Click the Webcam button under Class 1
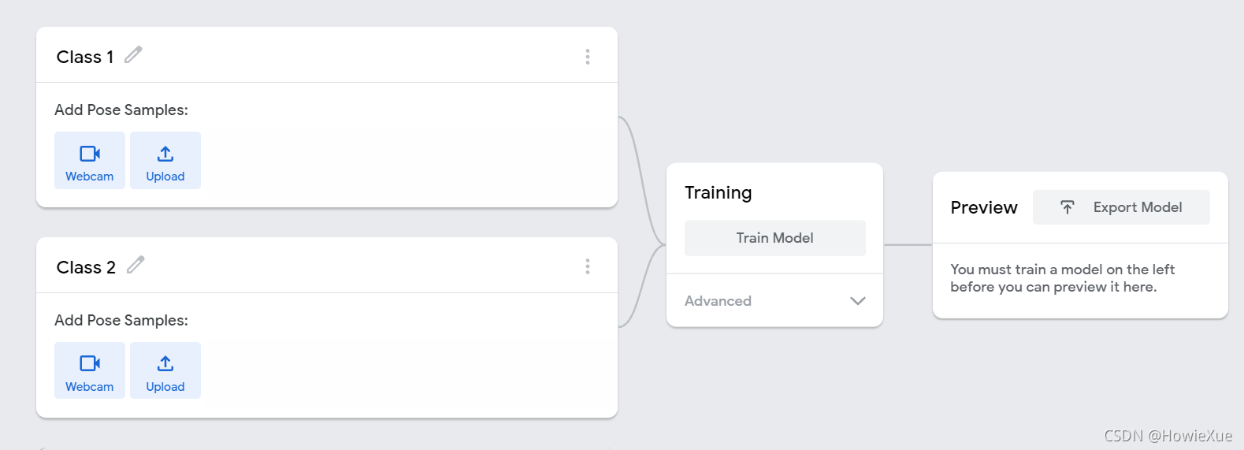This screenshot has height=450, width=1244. pos(89,161)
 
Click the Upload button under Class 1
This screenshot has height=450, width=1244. pos(165,161)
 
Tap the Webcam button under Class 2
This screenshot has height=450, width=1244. pos(89,370)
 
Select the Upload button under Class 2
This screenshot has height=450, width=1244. pos(165,370)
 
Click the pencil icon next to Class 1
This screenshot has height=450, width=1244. pos(133,55)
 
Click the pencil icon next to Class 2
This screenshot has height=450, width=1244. pos(136,265)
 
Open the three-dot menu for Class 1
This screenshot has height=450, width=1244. pos(588,57)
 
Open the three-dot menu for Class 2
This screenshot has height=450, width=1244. pos(588,266)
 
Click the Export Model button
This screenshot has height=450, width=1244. pos(1121,207)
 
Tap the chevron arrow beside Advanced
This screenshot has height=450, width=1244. pos(858,301)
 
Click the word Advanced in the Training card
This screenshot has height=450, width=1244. pos(718,301)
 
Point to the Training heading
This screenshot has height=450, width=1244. pos(718,193)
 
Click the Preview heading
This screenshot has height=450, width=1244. pos(984,208)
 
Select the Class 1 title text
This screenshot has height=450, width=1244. pos(85,57)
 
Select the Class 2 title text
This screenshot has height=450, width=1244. pos(86,267)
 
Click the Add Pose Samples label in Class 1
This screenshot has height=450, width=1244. pos(121,110)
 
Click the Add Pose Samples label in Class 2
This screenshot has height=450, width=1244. pos(121,321)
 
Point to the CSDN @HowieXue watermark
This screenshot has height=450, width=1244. pos(1168,436)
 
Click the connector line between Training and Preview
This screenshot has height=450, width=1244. pos(908,244)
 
